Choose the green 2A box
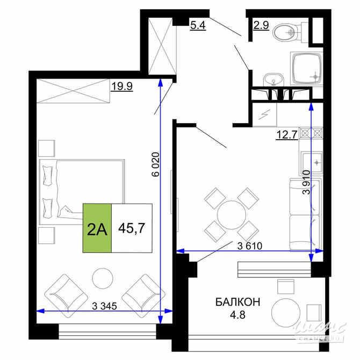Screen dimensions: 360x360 [97, 228]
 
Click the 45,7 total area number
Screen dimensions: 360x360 [132, 228]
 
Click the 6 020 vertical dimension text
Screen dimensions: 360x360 [156, 164]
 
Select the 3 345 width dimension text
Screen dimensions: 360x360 [104, 307]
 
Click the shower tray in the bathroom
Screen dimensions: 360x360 [306, 69]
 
